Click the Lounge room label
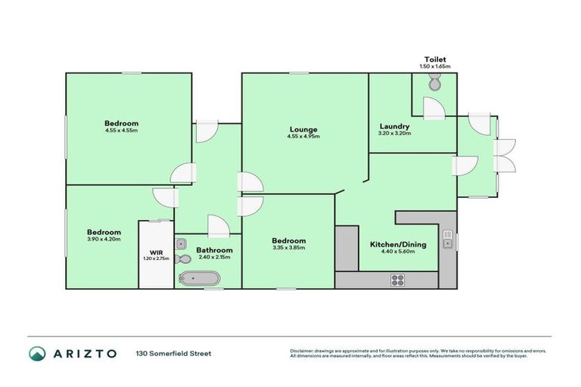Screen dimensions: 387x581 pos(302,128)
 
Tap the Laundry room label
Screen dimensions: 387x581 pos(395,126)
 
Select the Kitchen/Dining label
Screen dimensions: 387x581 pos(397,244)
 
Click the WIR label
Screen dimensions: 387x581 pos(156,252)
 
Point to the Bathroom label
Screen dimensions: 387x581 pos(214,249)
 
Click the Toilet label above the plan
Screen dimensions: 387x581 pos(434,60)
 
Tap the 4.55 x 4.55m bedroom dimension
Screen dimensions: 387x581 pos(121,130)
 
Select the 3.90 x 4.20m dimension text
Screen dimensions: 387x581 pos(104,240)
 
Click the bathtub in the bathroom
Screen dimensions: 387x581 pos(198,278)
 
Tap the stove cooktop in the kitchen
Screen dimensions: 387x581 pos(399,280)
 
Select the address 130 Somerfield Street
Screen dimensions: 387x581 pos(173,354)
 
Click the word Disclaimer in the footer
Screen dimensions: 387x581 pos(303,351)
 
